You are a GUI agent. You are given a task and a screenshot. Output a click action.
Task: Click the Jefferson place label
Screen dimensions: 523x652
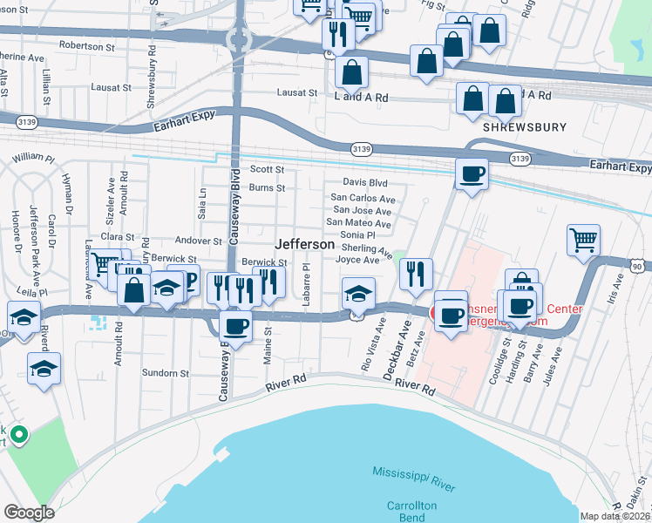(305, 245)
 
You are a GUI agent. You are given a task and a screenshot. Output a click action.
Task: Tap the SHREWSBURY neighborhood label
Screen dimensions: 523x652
(518, 127)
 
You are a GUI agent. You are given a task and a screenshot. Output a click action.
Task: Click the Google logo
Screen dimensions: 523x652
(29, 512)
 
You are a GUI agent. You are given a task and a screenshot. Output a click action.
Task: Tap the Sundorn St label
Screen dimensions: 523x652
(166, 373)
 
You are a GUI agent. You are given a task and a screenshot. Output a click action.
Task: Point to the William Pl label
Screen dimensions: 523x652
(33, 159)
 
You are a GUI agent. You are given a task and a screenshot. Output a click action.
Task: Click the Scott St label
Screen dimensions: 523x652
(268, 169)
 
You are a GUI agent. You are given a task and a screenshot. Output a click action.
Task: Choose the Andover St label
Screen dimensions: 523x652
(199, 241)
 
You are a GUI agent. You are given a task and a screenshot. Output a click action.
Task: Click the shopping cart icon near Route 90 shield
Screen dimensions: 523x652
(583, 240)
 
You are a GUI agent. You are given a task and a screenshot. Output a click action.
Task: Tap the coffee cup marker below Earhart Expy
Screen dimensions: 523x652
(472, 173)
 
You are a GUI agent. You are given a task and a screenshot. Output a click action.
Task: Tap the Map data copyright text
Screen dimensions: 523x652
(615, 516)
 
